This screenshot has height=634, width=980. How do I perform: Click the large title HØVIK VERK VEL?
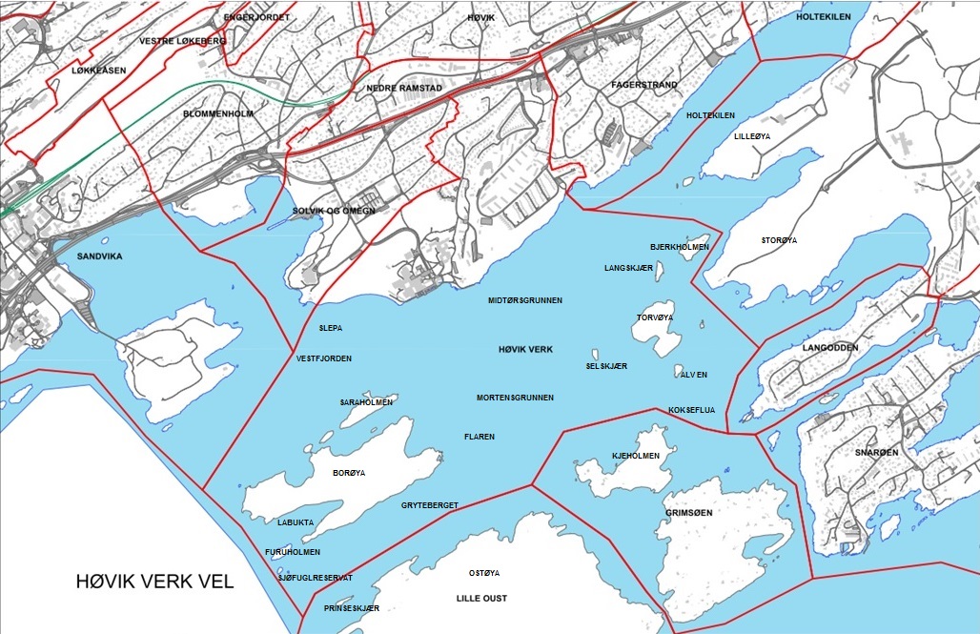tap(155, 582)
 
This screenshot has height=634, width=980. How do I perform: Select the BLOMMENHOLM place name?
tap(217, 113)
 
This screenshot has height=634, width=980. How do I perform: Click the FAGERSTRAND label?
tap(644, 85)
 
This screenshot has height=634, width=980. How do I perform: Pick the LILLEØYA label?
tap(752, 136)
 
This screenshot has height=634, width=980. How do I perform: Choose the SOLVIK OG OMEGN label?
tap(334, 211)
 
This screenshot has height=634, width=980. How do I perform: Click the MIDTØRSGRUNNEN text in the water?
tap(525, 300)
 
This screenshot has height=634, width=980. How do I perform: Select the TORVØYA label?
tap(655, 317)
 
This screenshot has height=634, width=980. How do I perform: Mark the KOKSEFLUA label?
tap(693, 410)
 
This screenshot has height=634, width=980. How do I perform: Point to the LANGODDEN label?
tap(830, 348)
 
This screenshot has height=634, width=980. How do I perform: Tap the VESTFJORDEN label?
tap(324, 358)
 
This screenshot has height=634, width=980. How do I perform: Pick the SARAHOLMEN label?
tap(367, 402)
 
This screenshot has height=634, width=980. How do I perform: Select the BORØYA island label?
tap(349, 473)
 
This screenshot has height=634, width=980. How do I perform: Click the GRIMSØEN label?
tap(689, 513)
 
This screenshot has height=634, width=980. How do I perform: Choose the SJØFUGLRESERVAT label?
tap(316, 578)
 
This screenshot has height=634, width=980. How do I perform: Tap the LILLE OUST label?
tap(481, 599)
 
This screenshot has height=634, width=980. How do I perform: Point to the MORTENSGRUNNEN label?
tap(516, 397)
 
